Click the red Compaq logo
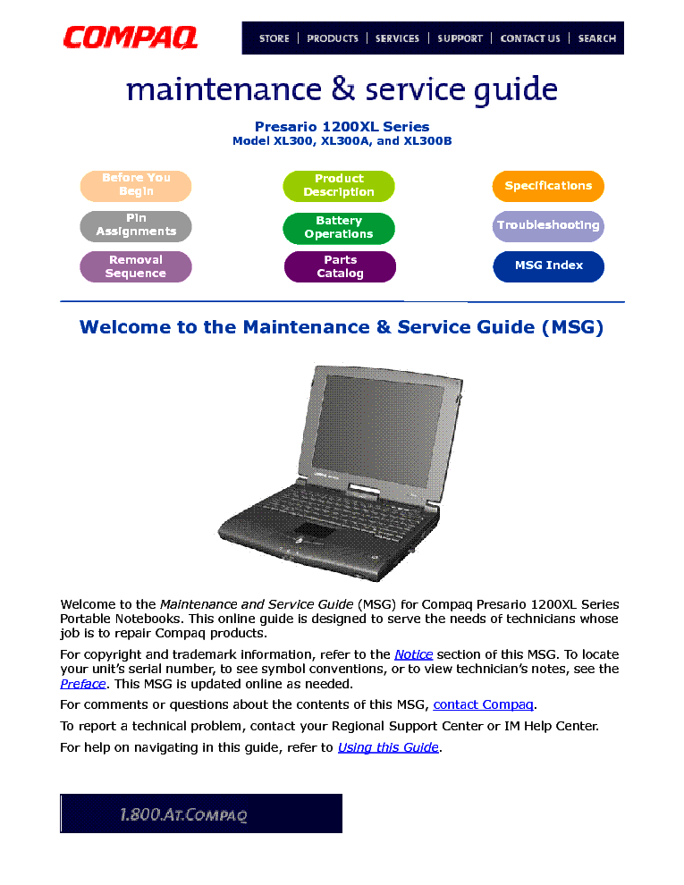tap(131, 38)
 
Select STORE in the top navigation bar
tap(274, 38)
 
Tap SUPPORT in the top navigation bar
tap(460, 38)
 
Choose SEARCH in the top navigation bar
tap(596, 38)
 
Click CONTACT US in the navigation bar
tap(530, 38)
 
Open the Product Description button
tap(339, 186)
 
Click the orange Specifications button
tap(548, 186)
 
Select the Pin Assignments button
tap(136, 225)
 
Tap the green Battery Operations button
tap(339, 228)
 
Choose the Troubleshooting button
tap(548, 225)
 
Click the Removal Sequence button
tap(136, 266)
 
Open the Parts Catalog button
tap(340, 267)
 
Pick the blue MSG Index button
tap(548, 266)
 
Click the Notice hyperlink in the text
tap(413, 654)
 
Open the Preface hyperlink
tap(82, 684)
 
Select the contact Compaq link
tap(483, 704)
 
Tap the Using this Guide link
tap(388, 747)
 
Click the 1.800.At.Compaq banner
tap(201, 813)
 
